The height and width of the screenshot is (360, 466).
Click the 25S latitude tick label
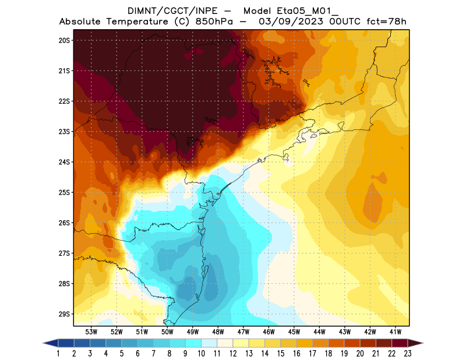click(64, 192)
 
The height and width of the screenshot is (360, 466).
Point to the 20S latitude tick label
click(64, 40)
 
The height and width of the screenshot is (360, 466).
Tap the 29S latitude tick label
click(64, 314)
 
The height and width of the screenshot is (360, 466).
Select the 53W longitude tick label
click(91, 331)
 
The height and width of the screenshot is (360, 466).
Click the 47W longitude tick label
click(243, 331)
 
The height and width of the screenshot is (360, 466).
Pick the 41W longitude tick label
click(396, 331)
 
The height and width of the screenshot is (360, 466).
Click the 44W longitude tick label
click(320, 331)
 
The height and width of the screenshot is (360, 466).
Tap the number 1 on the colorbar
click(59, 354)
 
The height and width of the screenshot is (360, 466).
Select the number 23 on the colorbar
click(407, 354)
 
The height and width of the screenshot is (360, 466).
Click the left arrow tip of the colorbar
click(44, 343)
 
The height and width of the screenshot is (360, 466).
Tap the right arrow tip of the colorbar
click(422, 343)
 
